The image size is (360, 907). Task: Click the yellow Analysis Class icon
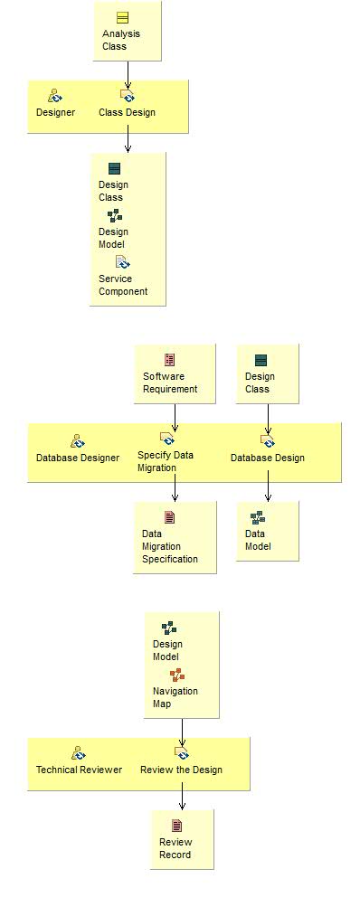[x=122, y=18]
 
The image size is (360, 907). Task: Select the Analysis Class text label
[x=121, y=40]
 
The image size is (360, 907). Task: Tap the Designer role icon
[x=55, y=95]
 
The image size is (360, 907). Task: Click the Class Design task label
[x=127, y=113]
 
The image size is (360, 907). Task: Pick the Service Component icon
[x=122, y=262]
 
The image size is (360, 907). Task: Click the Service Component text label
[x=123, y=285]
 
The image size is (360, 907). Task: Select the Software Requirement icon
[x=169, y=360]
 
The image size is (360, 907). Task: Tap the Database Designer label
[x=78, y=458]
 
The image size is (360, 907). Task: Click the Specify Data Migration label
[x=166, y=461]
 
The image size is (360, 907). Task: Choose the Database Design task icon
[x=267, y=440]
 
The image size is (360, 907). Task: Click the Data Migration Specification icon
[x=169, y=517]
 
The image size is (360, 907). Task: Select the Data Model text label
[x=258, y=540]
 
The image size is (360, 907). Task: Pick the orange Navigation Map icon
[x=177, y=675]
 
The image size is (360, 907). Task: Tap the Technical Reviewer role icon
[x=79, y=753]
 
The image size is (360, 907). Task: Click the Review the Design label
[x=181, y=770]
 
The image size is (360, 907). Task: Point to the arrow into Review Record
[x=182, y=796]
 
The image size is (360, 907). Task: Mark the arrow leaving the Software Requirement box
[x=175, y=416]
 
